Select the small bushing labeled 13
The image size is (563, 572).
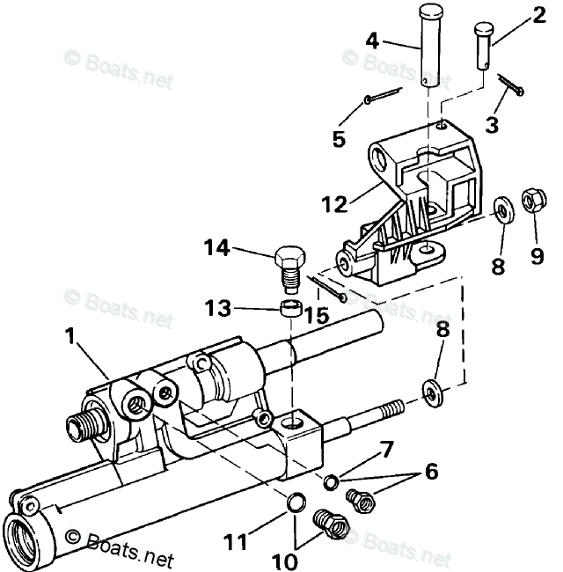pos(289,309)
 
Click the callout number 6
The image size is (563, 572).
pos(432,472)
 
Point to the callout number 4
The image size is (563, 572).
pos(373,40)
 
